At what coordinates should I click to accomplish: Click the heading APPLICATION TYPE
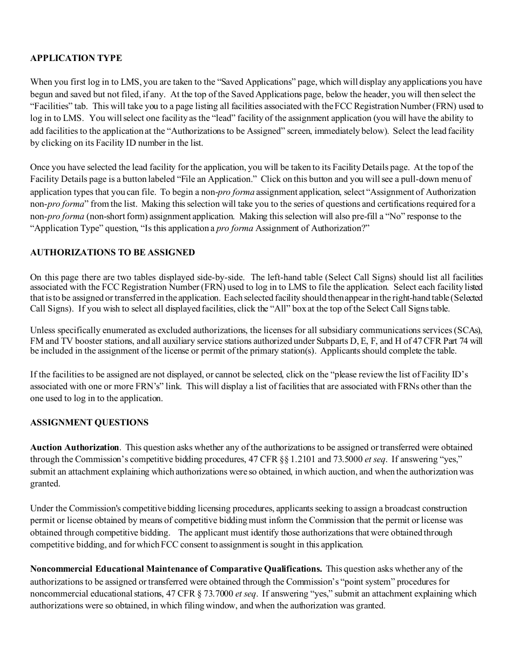(x=76, y=58)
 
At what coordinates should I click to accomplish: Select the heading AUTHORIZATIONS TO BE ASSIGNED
(x=112, y=253)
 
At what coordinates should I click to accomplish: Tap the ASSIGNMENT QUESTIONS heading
(x=89, y=423)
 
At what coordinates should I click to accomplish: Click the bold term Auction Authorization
(x=75, y=447)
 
